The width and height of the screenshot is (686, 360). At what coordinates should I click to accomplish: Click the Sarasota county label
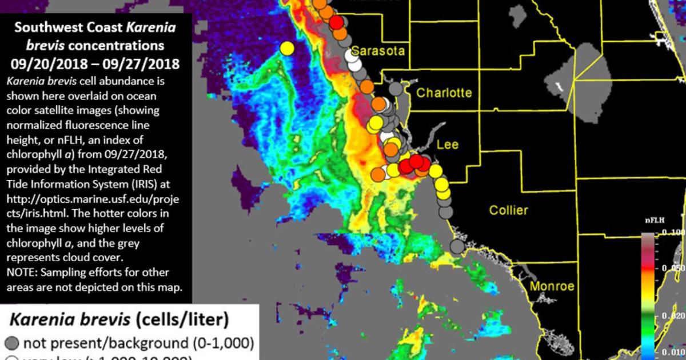tap(378, 51)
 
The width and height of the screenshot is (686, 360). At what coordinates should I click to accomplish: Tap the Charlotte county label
tap(444, 93)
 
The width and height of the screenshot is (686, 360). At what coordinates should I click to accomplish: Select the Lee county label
tap(447, 144)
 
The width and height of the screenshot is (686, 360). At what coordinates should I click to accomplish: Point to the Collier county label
tap(508, 210)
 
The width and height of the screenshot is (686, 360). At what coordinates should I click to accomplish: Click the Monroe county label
tap(551, 286)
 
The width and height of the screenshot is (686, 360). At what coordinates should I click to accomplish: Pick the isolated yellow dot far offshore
tap(287, 49)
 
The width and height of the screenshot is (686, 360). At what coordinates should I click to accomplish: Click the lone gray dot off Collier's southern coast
tap(456, 247)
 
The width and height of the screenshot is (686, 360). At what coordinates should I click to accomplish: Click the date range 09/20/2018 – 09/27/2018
tap(95, 61)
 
